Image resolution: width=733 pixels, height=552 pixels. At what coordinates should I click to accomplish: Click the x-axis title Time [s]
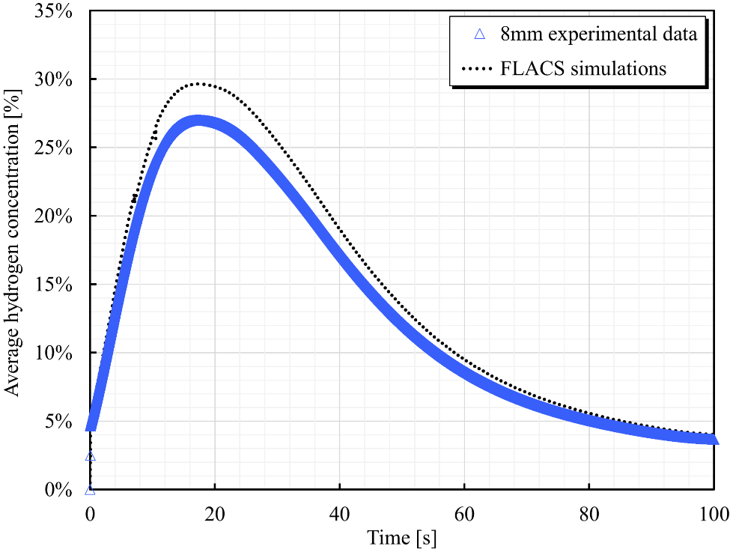click(401, 537)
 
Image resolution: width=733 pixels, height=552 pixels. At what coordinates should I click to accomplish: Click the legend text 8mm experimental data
click(599, 34)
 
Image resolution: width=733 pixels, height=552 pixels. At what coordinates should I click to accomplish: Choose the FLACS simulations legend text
click(584, 69)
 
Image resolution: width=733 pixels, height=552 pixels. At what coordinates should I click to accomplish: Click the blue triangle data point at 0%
click(90, 490)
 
